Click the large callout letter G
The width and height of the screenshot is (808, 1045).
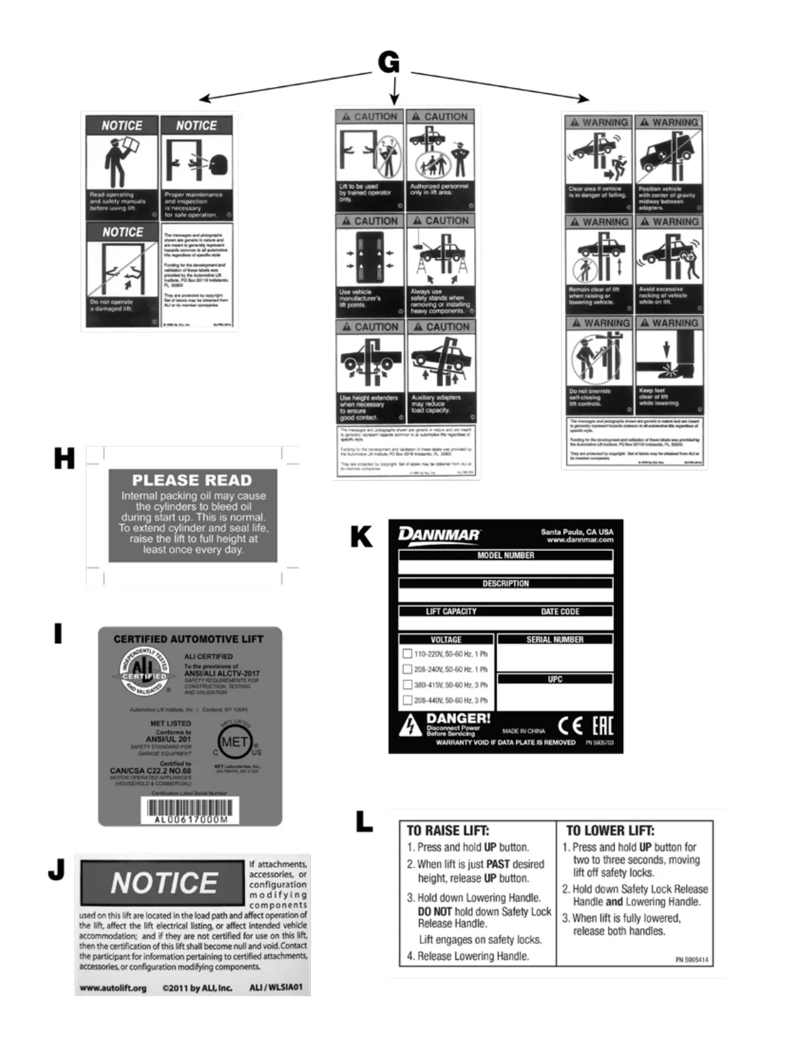tap(389, 63)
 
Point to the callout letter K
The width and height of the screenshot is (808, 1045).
tap(362, 537)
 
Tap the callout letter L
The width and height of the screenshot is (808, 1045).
tap(364, 822)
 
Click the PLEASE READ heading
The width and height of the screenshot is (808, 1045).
tap(192, 480)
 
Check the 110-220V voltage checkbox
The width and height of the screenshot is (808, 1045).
tap(407, 654)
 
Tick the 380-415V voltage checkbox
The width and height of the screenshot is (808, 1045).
tap(407, 685)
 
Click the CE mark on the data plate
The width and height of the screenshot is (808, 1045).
tap(570, 726)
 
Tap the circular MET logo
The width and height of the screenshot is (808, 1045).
tap(235, 742)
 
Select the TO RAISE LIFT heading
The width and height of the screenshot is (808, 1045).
tap(448, 831)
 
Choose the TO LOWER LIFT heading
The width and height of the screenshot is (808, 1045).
tap(610, 831)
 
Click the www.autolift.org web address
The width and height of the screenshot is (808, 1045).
tap(113, 988)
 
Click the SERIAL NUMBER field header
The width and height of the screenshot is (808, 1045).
tap(555, 639)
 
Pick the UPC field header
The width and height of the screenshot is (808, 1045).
tap(555, 679)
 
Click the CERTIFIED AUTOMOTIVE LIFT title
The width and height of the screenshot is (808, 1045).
tap(188, 639)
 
